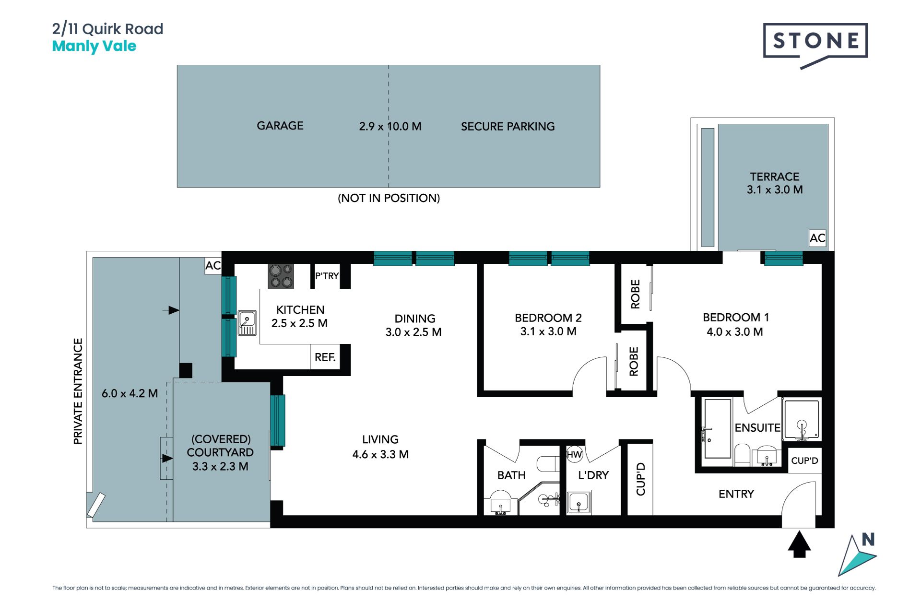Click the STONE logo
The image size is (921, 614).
(x=815, y=45)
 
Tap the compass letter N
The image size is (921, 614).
(x=868, y=540)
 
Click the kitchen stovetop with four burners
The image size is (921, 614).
(x=281, y=276)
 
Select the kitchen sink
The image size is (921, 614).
(x=248, y=323)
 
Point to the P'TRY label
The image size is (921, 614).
(x=327, y=276)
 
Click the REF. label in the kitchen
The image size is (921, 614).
(x=325, y=357)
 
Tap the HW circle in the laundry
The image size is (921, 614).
(x=574, y=454)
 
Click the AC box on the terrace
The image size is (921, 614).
(x=817, y=238)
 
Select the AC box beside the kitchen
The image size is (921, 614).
(x=213, y=266)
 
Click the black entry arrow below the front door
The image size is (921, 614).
(x=799, y=544)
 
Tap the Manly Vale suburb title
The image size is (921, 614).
(x=94, y=46)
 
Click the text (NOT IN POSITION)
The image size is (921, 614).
(x=389, y=198)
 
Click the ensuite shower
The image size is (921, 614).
(x=802, y=420)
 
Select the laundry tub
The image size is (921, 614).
(x=579, y=502)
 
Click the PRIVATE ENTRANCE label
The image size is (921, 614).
(x=78, y=391)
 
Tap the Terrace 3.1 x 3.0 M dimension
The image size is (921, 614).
(x=775, y=190)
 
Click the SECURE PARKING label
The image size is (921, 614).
(x=508, y=127)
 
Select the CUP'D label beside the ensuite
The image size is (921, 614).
(x=804, y=461)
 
